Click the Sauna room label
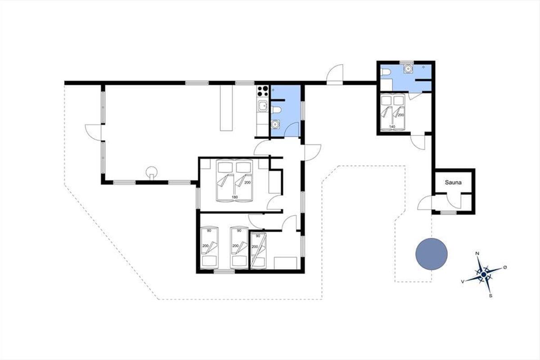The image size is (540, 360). pyautogui.click(x=453, y=182)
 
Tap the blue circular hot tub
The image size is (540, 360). pyautogui.click(x=432, y=254)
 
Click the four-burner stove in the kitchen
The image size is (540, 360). pyautogui.click(x=262, y=91)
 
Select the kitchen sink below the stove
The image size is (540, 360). pyautogui.click(x=263, y=106)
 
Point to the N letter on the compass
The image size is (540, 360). pyautogui.click(x=477, y=253)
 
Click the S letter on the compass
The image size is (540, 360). pyautogui.click(x=490, y=296)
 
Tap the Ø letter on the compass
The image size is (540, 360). pyautogui.click(x=505, y=267)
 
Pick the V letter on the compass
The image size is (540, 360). pyautogui.click(x=463, y=282)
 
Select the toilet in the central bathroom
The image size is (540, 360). pyautogui.click(x=276, y=110)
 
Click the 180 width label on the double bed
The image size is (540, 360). pyautogui.click(x=234, y=197)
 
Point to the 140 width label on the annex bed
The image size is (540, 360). pyautogui.click(x=392, y=126)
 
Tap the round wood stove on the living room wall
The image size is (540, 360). pyautogui.click(x=152, y=173)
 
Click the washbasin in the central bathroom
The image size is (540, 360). pyautogui.click(x=274, y=124)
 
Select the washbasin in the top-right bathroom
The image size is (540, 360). pyautogui.click(x=408, y=69)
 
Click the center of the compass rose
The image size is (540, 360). pyautogui.click(x=484, y=274)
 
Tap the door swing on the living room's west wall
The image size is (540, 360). pyautogui.click(x=93, y=132)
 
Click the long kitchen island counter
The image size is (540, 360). pyautogui.click(x=226, y=108)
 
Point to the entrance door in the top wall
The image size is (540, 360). pyautogui.click(x=335, y=75)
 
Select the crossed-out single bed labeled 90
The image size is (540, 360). pyautogui.click(x=258, y=251)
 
